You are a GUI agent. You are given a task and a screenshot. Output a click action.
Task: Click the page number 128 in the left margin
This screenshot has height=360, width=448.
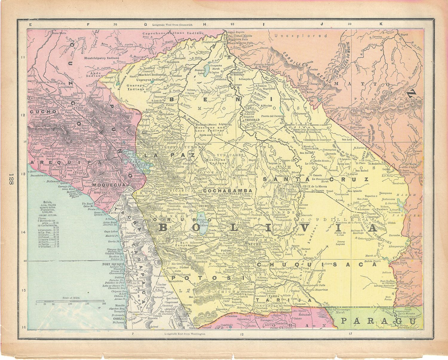tap(11, 180)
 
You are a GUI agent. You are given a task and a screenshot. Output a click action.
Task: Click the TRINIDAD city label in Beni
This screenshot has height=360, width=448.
tap(251, 120)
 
